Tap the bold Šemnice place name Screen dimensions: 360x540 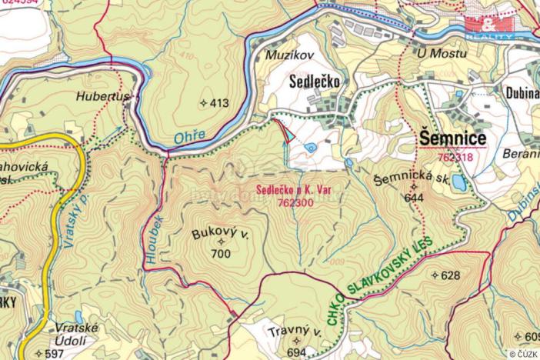click(x=453, y=138)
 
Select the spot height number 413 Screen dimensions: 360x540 click(x=219, y=102)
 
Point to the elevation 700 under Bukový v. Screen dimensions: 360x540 click(x=221, y=253)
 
